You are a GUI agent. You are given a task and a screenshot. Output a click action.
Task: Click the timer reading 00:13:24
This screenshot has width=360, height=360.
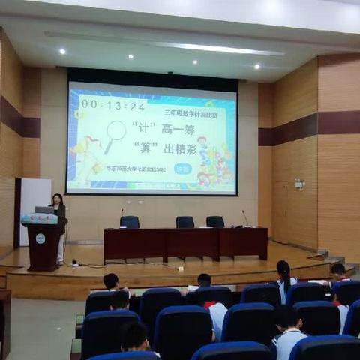coord(113,105)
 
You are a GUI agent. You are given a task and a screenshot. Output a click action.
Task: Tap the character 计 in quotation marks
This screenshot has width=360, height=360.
coord(138,127)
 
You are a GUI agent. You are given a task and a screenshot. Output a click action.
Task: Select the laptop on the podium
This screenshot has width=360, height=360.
coord(44,211)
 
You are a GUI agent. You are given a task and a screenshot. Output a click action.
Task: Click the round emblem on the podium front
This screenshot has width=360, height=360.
coord(40,238)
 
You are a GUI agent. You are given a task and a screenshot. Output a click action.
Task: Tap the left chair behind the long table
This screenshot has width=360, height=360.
coord(130,222)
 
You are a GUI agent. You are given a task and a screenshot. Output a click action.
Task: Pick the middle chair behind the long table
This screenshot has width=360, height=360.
coord(184,222)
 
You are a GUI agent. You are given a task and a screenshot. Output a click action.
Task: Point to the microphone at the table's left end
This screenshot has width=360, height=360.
coord(121,217)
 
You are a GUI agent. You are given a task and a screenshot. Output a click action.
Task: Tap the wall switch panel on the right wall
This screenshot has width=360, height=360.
coord(298,184)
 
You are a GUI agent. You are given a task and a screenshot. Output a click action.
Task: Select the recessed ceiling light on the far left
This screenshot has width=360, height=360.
coord(62,52)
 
